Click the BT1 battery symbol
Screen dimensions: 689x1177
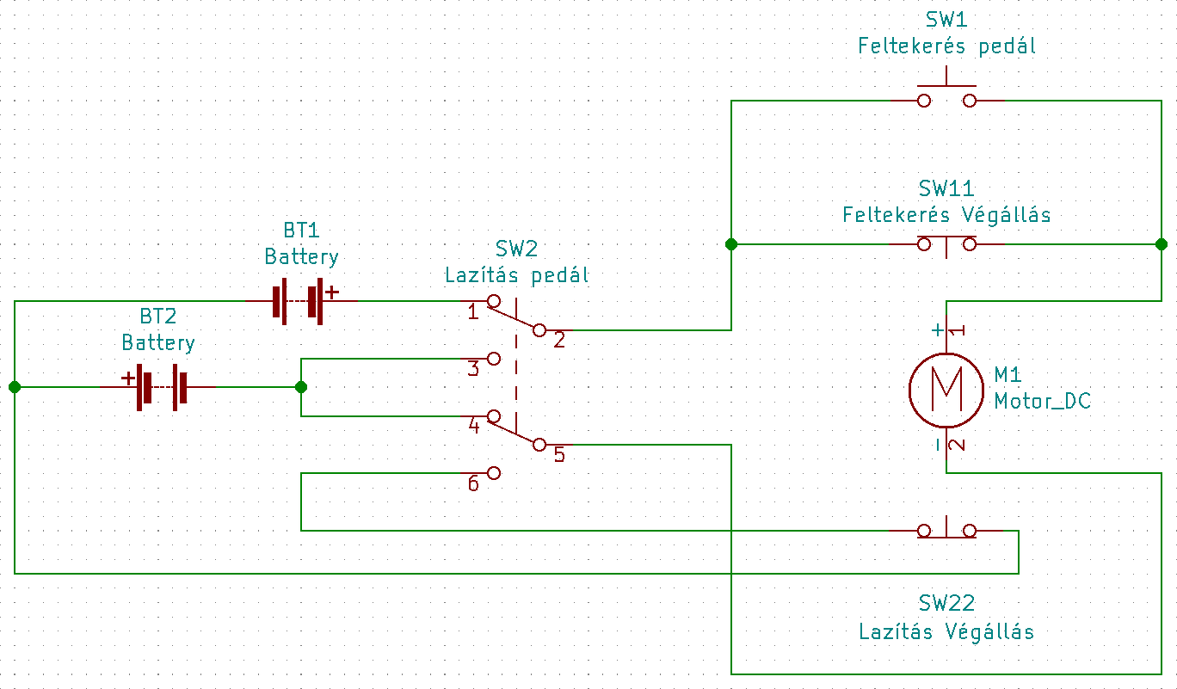pos(297,301)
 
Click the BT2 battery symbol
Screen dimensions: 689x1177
pos(159,387)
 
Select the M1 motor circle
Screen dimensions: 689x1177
pos(946,390)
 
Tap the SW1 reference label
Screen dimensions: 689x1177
pos(946,20)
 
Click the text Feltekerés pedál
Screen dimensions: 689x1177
pos(946,46)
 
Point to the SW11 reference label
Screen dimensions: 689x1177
pos(946,188)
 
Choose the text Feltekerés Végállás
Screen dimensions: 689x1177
pos(946,214)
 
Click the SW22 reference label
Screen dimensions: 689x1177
pos(946,603)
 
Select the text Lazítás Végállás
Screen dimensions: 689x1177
pos(946,632)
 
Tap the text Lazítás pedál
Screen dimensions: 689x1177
pos(516,276)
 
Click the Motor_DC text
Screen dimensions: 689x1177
pos(1042,401)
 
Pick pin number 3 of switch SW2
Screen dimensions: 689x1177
pos(472,369)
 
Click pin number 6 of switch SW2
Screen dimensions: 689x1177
pos(473,483)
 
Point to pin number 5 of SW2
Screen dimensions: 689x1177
pos(559,454)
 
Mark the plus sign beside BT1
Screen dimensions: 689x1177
pos(332,292)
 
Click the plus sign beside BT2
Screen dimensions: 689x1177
pos(127,377)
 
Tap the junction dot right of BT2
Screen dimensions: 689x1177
pos(300,387)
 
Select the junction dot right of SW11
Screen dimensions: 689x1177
pos(1162,244)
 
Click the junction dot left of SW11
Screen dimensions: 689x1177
pos(730,244)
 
